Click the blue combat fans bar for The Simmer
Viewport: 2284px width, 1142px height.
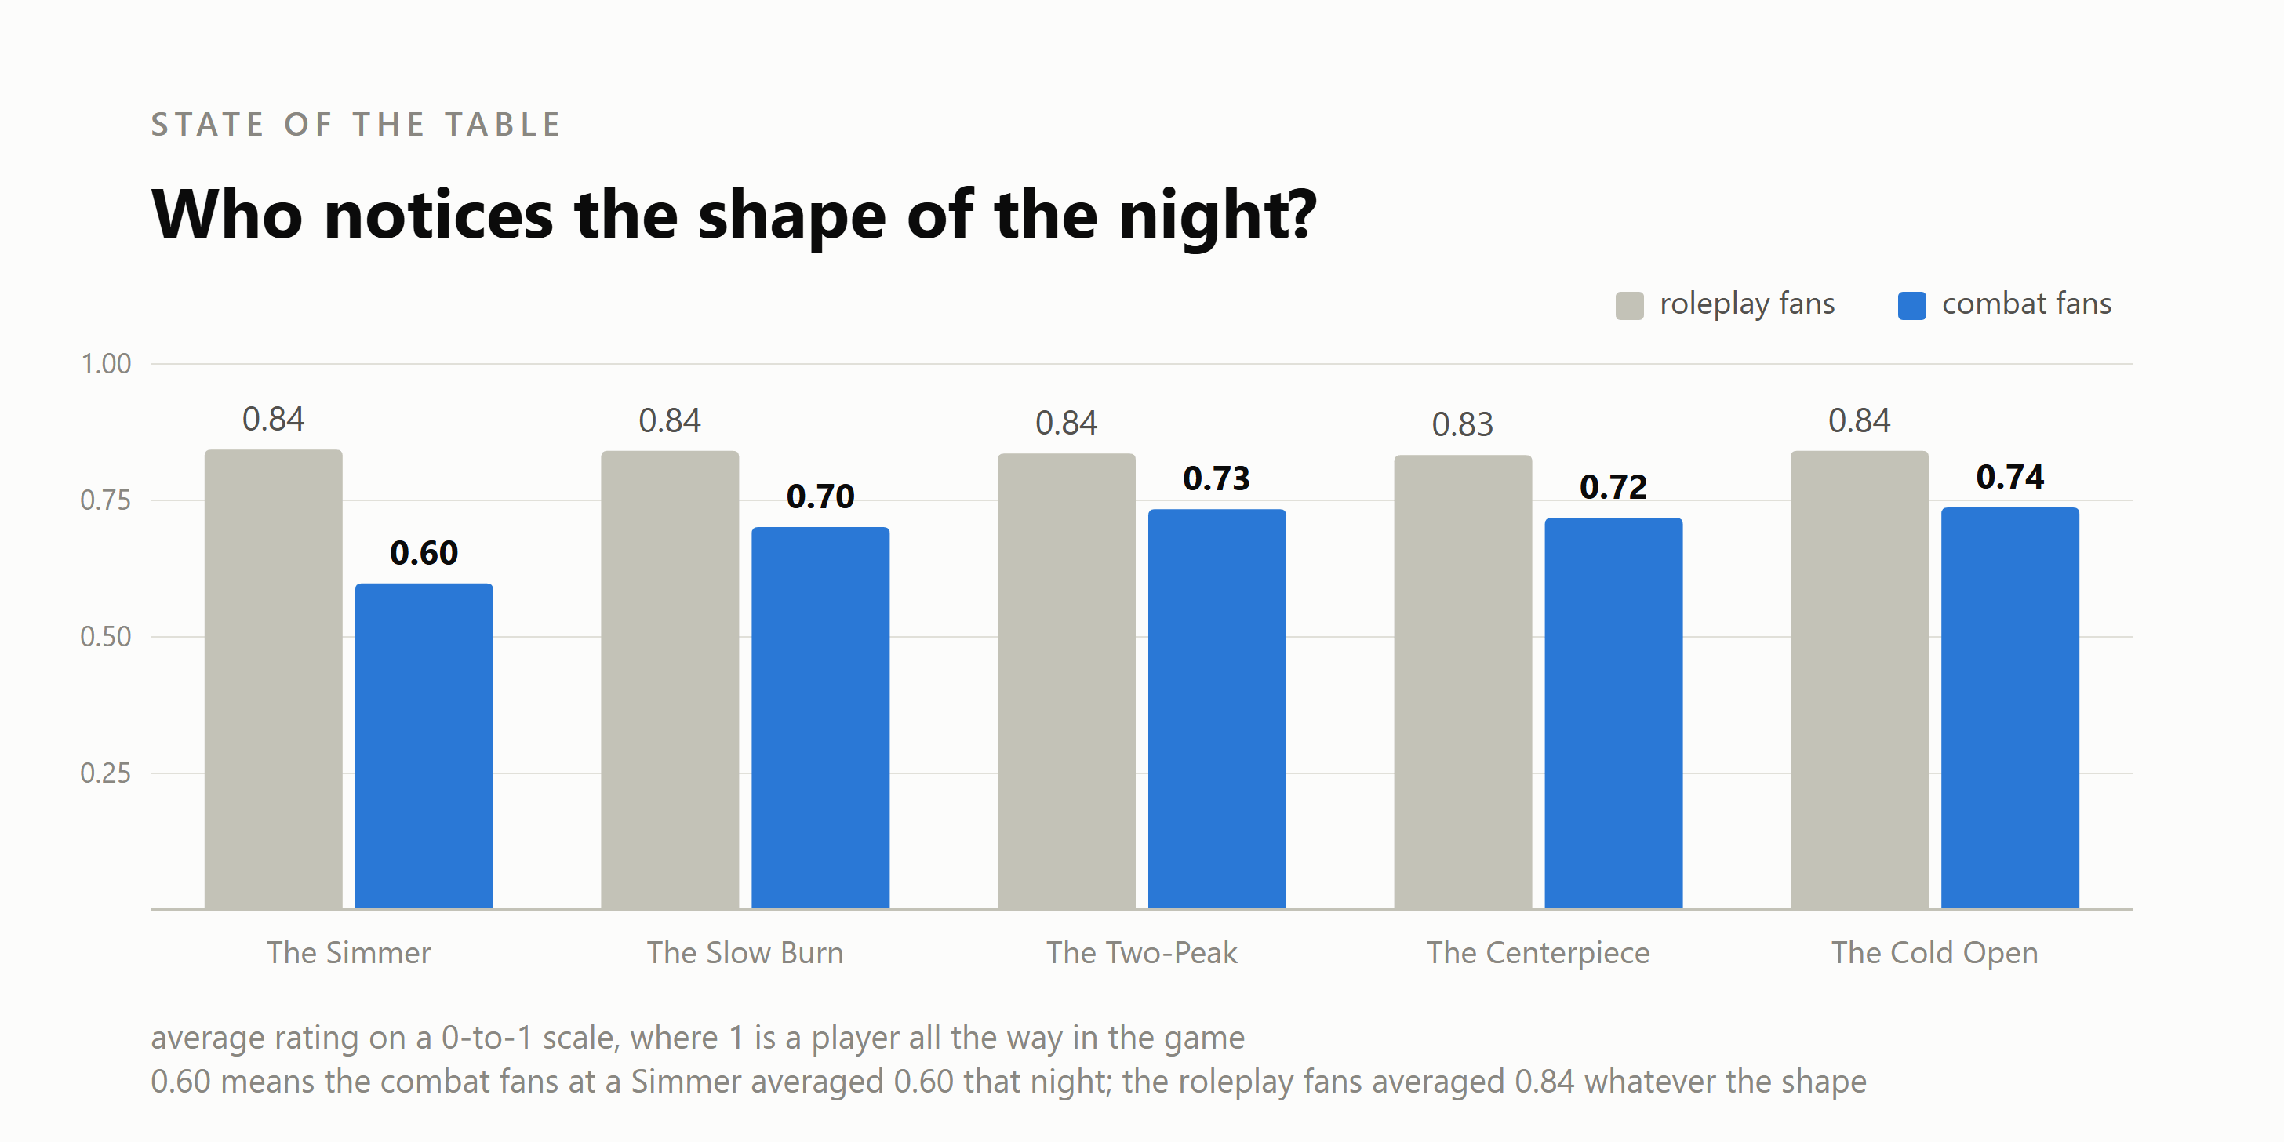(424, 746)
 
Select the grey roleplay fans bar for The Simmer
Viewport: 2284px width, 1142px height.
(273, 679)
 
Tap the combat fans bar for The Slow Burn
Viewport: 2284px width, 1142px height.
(820, 718)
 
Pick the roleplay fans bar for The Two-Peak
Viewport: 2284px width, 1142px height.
(1066, 681)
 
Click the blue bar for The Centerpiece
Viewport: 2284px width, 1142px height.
(1613, 713)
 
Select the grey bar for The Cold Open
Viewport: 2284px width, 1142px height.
(1860, 680)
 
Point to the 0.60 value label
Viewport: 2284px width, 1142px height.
(424, 553)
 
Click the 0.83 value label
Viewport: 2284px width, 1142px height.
(1463, 424)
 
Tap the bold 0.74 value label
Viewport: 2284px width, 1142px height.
(2010, 477)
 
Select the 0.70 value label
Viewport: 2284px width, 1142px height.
(820, 496)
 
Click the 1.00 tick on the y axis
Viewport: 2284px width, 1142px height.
(106, 363)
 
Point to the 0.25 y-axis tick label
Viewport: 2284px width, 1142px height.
(106, 773)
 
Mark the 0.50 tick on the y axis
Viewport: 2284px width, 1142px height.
(106, 637)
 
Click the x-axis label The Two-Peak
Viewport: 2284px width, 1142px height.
(1141, 952)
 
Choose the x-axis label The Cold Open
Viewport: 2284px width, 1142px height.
(1935, 953)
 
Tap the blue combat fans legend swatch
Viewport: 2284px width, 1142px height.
(1911, 305)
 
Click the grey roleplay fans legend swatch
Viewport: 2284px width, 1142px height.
(1630, 305)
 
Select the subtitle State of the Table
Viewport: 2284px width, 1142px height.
(355, 125)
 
